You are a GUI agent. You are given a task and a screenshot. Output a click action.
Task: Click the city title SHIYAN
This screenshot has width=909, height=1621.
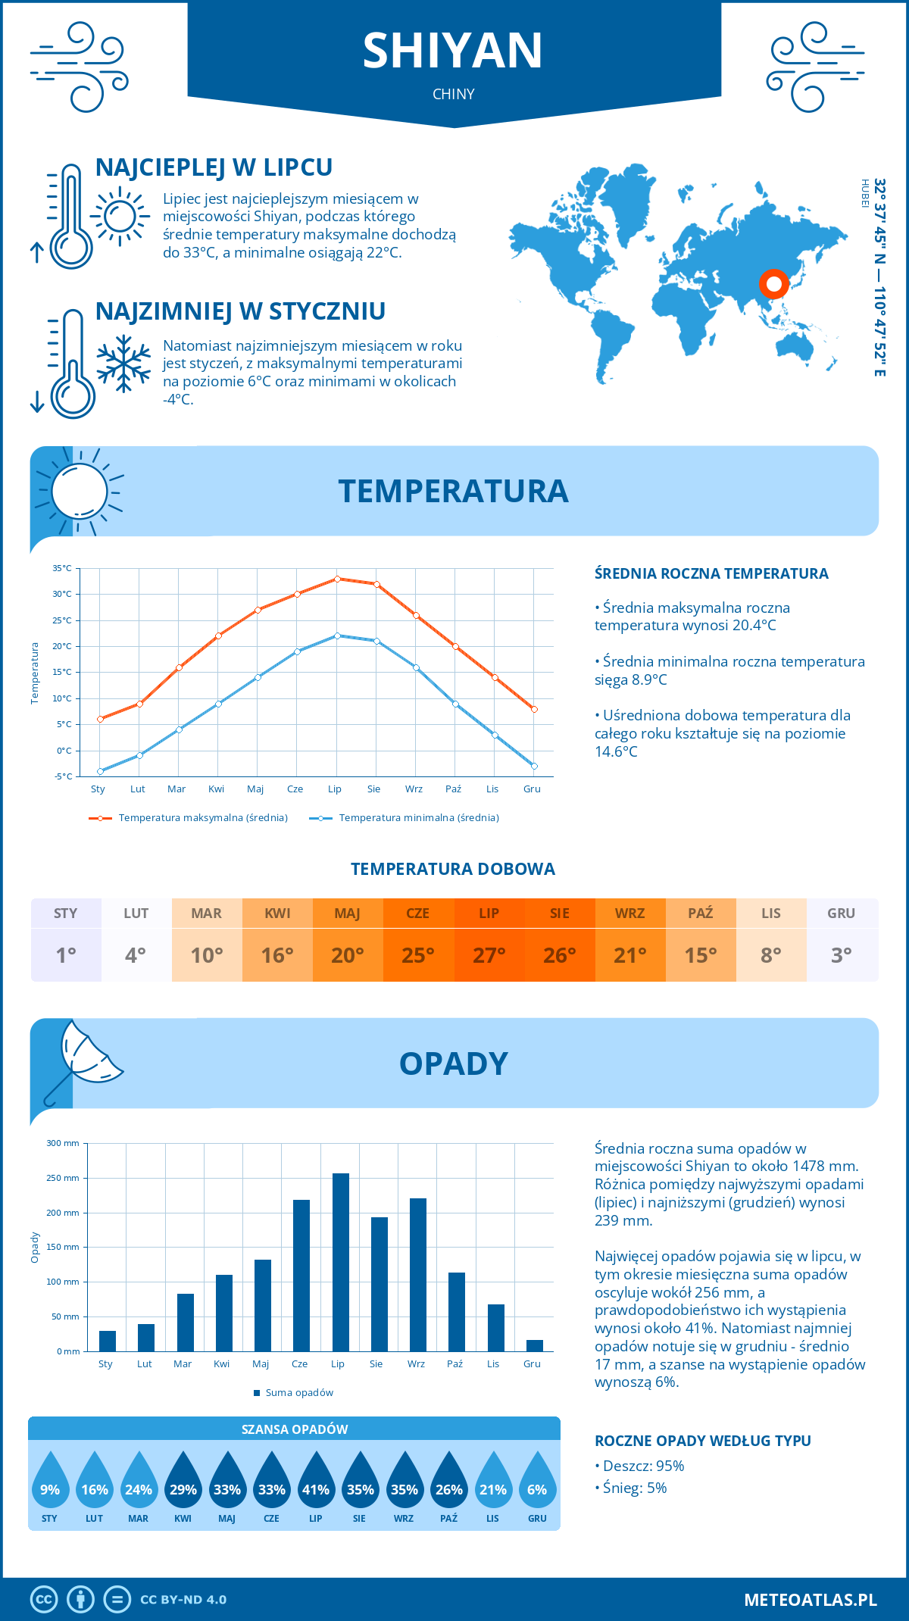(453, 51)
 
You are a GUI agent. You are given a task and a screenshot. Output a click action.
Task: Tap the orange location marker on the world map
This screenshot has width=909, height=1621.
(773, 284)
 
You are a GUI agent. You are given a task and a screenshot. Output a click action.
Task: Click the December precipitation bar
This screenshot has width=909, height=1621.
(535, 1345)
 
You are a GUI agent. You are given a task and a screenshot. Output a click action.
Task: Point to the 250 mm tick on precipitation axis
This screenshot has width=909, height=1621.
(64, 1178)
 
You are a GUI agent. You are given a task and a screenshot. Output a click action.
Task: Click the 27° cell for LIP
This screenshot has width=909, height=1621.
(489, 954)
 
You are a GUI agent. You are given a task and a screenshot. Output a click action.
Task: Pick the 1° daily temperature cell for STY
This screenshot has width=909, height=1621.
(66, 954)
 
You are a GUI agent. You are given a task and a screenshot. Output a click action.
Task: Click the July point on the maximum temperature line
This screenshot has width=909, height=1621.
(337, 579)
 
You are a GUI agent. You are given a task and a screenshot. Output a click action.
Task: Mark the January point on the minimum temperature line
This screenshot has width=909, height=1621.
(100, 771)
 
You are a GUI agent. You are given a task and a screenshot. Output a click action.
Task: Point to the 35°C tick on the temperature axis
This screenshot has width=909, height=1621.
(63, 568)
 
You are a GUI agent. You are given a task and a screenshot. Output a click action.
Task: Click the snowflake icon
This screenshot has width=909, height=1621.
(123, 364)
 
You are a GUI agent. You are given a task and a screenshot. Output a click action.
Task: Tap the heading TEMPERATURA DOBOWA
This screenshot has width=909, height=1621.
(453, 869)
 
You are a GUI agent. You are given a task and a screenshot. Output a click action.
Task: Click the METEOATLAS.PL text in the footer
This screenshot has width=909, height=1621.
(810, 1600)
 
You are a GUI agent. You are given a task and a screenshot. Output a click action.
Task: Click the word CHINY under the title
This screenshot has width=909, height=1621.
(453, 94)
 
